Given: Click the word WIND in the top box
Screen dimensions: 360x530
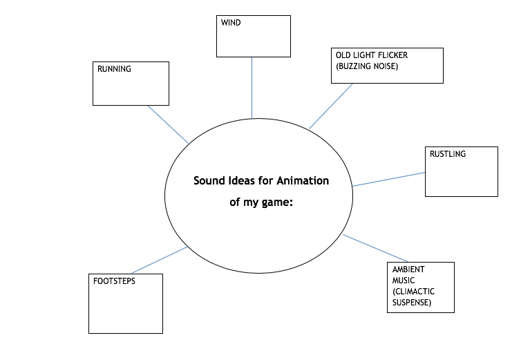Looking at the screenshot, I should click(x=230, y=22).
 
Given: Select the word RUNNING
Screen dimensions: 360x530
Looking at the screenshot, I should click(x=113, y=69).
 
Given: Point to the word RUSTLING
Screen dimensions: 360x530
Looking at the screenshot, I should click(x=447, y=154).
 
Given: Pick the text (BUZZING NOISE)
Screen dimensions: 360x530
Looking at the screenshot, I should click(x=367, y=66).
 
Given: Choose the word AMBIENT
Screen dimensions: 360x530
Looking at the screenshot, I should click(x=408, y=269).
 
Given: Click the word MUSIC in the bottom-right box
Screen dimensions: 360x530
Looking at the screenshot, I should click(x=404, y=280).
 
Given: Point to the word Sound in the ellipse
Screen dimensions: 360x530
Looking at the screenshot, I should click(x=208, y=181).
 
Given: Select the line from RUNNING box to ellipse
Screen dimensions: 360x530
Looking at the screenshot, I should click(x=168, y=124).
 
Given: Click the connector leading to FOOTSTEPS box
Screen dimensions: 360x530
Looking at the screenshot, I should click(x=159, y=260).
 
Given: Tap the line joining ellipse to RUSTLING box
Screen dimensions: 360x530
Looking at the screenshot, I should click(x=388, y=179).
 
